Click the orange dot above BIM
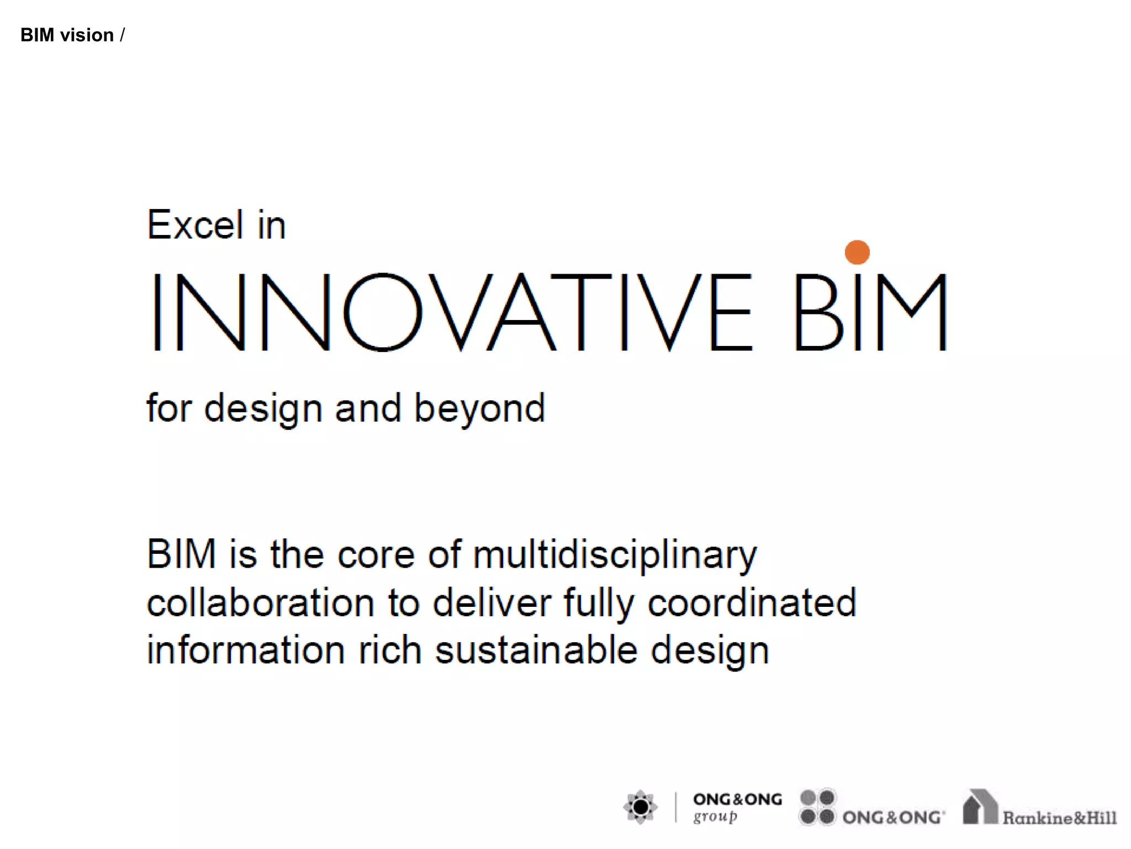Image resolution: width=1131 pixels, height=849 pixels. (x=857, y=252)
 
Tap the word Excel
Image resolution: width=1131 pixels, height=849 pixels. (x=195, y=225)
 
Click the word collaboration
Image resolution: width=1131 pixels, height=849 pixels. (x=260, y=603)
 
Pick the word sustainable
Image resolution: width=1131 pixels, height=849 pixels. (x=536, y=651)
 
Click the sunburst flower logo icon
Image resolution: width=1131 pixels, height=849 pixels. (x=641, y=807)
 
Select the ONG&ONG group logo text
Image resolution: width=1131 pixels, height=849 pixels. (x=737, y=807)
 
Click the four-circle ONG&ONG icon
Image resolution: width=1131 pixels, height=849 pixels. (x=817, y=807)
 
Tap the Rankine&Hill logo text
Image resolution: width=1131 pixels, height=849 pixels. (x=1059, y=817)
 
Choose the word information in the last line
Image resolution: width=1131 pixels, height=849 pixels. (x=246, y=651)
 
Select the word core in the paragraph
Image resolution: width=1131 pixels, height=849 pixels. (x=376, y=555)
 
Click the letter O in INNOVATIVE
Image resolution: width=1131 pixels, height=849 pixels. (x=383, y=312)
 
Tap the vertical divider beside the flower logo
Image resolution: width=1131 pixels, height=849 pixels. (x=675, y=807)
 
